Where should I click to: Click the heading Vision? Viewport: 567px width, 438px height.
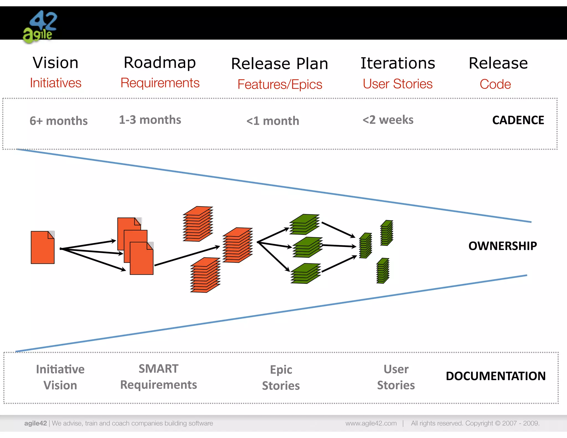coord(55,63)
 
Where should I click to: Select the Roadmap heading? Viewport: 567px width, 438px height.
coord(160,63)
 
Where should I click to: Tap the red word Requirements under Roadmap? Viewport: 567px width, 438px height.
coord(160,83)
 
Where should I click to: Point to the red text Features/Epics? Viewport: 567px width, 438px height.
coord(280,84)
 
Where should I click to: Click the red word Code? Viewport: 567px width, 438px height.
coord(495,84)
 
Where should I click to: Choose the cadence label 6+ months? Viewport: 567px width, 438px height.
coord(58,121)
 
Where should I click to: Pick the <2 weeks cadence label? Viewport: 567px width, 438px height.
coord(388,120)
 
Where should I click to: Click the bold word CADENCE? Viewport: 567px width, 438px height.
coord(518,120)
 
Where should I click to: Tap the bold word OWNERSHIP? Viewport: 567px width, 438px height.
coord(502,246)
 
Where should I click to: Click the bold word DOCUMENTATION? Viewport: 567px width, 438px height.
coord(496,376)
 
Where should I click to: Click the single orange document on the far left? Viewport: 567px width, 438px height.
coord(43,248)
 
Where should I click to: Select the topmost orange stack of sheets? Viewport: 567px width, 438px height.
coord(198,224)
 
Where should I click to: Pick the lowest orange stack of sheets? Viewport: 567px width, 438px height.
coord(205,275)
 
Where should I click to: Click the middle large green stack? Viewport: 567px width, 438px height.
coord(307,247)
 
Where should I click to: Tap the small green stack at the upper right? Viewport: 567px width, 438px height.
coord(387,233)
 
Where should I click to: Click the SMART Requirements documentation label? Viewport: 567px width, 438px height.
coord(158,377)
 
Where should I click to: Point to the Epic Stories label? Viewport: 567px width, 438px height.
coord(281,378)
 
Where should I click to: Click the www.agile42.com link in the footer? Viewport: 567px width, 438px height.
coord(371,423)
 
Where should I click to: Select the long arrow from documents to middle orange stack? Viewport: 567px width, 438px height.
coord(187,256)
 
